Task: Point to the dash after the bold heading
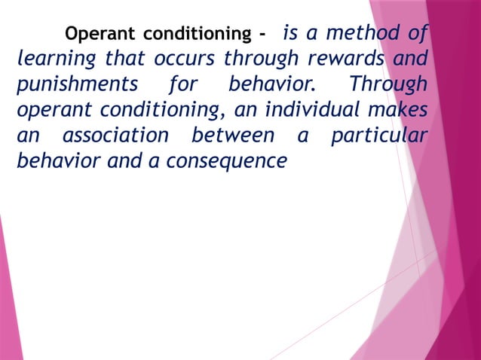click(x=262, y=35)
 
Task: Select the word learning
click(x=52, y=59)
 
